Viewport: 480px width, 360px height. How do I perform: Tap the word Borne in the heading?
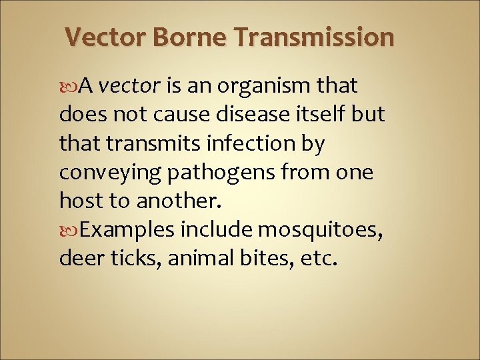coord(195,37)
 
